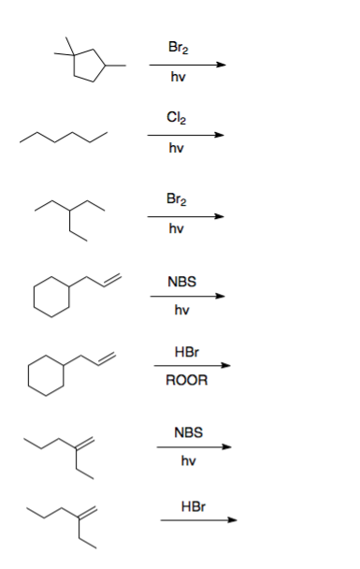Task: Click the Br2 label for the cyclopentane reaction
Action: click(175, 46)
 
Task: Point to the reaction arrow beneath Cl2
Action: click(186, 135)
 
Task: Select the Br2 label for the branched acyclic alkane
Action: click(175, 197)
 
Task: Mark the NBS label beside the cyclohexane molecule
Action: click(181, 281)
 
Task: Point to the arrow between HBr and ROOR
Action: click(191, 366)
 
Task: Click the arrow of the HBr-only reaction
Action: click(198, 521)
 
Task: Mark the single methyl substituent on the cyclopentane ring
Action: click(120, 66)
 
